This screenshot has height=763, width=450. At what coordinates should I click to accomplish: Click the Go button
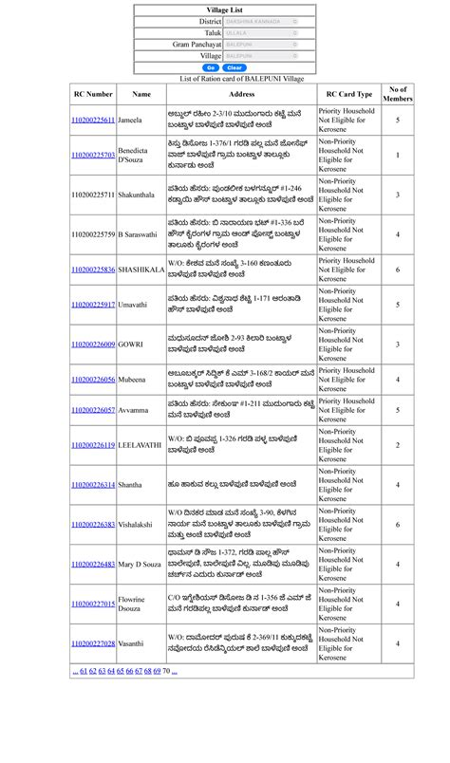click(211, 67)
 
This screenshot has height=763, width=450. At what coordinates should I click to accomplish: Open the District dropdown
click(261, 21)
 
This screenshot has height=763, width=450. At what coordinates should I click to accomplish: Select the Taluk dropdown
click(261, 32)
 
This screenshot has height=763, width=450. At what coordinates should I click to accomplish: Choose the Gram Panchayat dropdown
click(261, 44)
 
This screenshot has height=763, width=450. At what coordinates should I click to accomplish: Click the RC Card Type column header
click(349, 94)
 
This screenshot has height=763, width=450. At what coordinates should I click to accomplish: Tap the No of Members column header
click(398, 94)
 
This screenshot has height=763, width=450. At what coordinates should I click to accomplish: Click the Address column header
click(242, 94)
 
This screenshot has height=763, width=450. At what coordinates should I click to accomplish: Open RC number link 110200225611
click(93, 121)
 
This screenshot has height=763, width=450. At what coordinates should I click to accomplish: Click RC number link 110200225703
click(93, 155)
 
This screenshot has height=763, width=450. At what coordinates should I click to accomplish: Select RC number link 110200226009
click(93, 344)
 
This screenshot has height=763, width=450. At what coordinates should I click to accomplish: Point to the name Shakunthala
click(139, 195)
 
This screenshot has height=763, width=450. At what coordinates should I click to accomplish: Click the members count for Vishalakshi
click(398, 525)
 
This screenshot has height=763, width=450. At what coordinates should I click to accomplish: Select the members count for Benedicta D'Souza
click(398, 155)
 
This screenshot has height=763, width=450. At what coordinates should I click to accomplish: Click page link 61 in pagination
click(83, 671)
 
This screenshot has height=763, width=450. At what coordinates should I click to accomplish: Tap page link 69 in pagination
click(156, 671)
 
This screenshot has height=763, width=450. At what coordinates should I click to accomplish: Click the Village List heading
click(224, 9)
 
